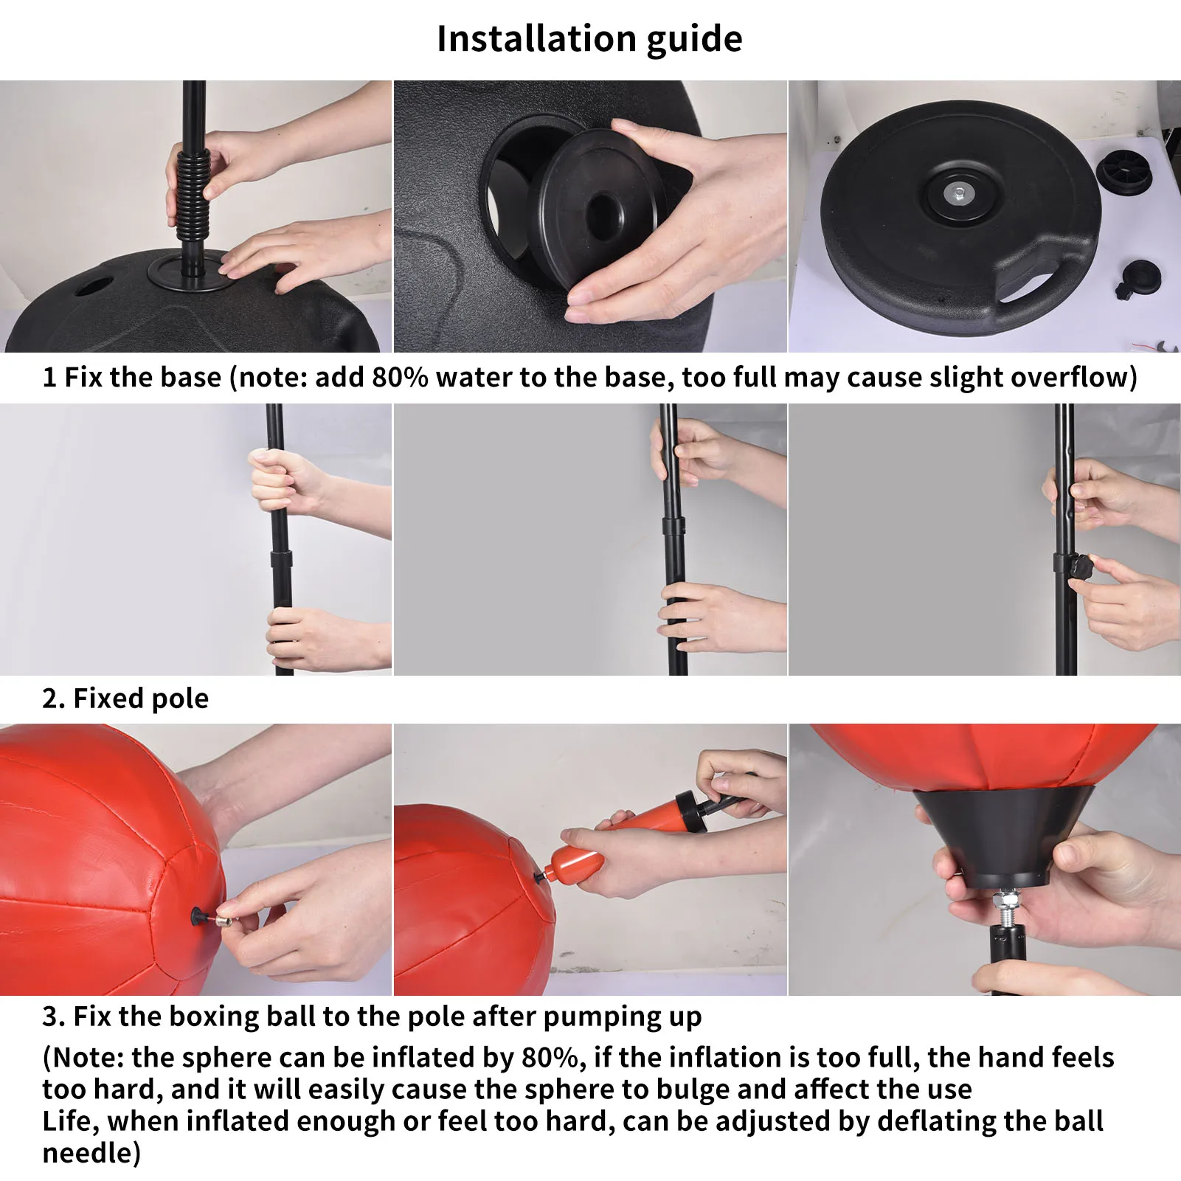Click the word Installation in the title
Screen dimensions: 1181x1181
point(536,38)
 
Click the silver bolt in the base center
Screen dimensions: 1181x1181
point(957,194)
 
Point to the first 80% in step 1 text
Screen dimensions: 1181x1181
point(400,378)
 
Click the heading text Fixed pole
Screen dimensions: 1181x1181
point(141,699)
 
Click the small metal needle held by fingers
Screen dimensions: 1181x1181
point(221,920)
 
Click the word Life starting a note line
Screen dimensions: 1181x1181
point(69,1121)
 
